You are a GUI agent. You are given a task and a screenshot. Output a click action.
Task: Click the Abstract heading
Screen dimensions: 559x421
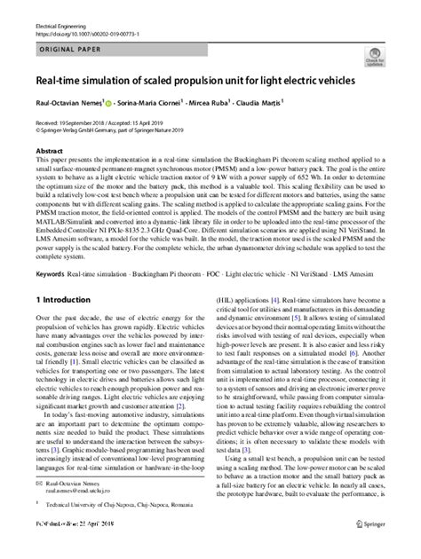pyautogui.click(x=51, y=153)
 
